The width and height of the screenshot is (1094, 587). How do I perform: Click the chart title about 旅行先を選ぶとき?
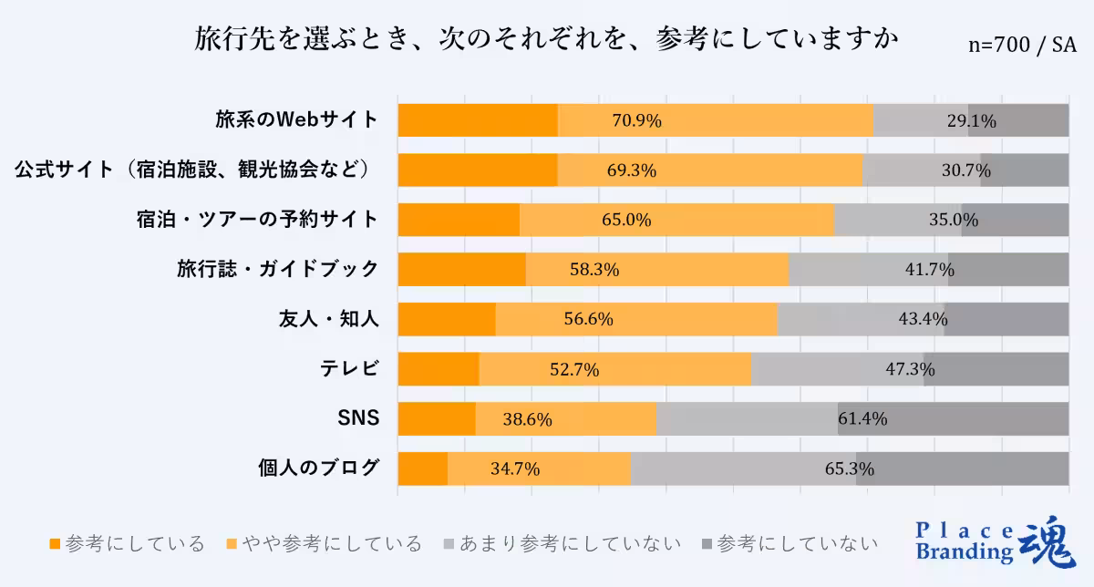point(546,41)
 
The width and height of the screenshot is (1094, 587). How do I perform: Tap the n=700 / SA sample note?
point(1021,46)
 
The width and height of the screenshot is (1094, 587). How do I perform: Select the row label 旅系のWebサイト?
point(296,120)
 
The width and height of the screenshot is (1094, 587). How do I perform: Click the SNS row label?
point(358,419)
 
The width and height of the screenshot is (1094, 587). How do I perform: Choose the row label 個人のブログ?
point(318,469)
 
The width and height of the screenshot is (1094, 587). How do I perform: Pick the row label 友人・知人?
point(328,319)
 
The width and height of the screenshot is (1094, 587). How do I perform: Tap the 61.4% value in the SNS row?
point(862,419)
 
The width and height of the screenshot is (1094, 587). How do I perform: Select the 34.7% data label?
point(515,469)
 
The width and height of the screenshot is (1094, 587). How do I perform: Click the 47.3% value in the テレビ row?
point(910,369)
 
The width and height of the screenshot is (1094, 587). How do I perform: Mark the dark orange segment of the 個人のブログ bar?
point(423,469)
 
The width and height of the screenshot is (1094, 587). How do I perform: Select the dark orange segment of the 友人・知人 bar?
point(447,319)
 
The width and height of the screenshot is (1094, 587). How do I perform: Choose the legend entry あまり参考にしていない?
point(560,544)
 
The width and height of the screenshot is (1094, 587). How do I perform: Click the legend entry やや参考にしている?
point(325,544)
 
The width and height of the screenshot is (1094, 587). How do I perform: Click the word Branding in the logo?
point(964,551)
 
